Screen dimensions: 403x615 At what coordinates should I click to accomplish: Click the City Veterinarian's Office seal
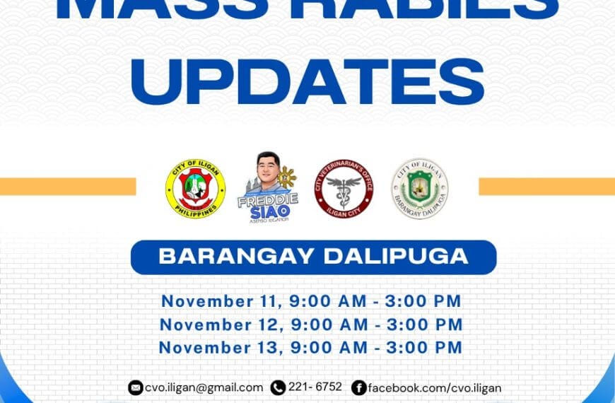tap(344, 187)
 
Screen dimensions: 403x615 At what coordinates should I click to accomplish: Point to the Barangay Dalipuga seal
tap(420, 188)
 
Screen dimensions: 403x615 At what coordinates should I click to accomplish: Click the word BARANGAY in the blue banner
tap(235, 256)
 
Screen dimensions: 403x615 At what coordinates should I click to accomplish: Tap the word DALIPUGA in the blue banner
tap(395, 256)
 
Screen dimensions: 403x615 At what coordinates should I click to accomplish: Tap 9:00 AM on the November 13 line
tap(329, 347)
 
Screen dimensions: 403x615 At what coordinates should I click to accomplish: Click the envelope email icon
tap(135, 387)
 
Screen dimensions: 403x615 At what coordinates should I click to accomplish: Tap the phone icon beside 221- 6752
tap(278, 387)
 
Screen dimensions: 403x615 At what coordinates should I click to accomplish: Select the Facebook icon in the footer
tap(359, 387)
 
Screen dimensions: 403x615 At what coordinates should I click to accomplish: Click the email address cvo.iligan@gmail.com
tap(204, 387)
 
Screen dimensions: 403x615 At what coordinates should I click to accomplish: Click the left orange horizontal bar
tap(67, 186)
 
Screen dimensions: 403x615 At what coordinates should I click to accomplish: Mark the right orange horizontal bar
tap(546, 186)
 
